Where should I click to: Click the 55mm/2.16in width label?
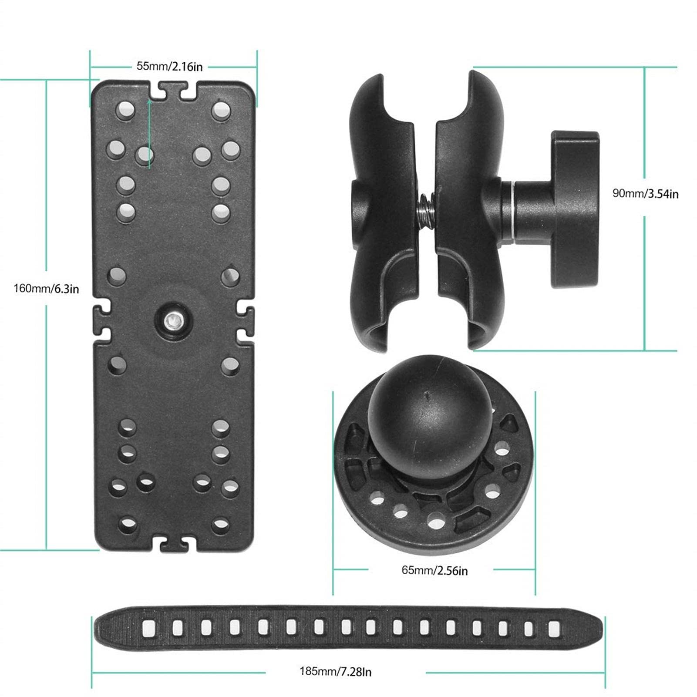pyautogui.click(x=169, y=67)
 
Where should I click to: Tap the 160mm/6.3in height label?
pyautogui.click(x=46, y=288)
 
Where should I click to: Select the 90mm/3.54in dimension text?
pyautogui.click(x=645, y=193)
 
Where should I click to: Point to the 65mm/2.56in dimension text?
pyautogui.click(x=434, y=570)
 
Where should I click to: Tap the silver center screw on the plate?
pyautogui.click(x=173, y=321)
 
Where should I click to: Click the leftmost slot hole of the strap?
pyautogui.click(x=148, y=627)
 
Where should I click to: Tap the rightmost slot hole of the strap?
pyautogui.click(x=554, y=627)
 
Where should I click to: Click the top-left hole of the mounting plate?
pyautogui.click(x=126, y=111)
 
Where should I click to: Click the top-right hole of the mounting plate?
pyautogui.click(x=221, y=111)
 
